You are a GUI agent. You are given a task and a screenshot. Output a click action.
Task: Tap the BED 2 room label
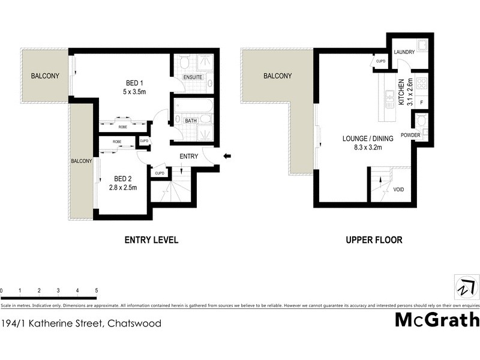(x=122, y=179)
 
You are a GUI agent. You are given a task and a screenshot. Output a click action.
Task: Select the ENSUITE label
(x=193, y=77)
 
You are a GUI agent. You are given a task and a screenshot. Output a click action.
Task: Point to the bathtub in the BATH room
(x=193, y=107)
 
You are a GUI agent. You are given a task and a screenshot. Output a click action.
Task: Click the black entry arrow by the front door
(x=227, y=157)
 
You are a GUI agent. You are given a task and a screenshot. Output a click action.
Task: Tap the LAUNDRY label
(x=404, y=52)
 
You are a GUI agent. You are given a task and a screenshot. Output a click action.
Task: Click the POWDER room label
(x=410, y=135)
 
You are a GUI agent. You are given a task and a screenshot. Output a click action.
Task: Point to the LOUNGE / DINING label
(x=368, y=139)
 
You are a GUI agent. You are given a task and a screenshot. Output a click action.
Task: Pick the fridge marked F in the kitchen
(x=421, y=103)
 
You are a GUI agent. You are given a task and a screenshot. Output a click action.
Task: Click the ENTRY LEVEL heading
(x=151, y=240)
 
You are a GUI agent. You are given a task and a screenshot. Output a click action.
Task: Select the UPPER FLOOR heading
(x=374, y=240)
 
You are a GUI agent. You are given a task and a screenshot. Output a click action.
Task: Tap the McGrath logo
(x=437, y=320)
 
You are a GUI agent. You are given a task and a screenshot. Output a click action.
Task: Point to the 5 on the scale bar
(x=96, y=290)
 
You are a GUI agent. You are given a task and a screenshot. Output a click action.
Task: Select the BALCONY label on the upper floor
(x=277, y=76)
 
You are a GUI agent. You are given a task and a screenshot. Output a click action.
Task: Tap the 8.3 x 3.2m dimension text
(x=368, y=147)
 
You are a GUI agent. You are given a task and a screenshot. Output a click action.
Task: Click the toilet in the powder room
(x=421, y=121)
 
